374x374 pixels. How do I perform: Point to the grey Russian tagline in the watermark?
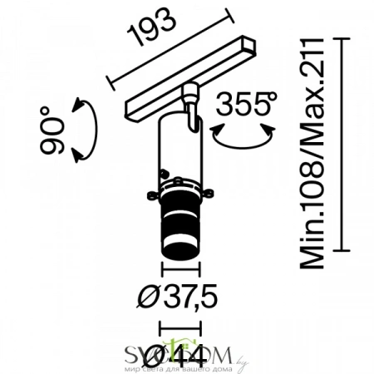(x=186, y=367)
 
